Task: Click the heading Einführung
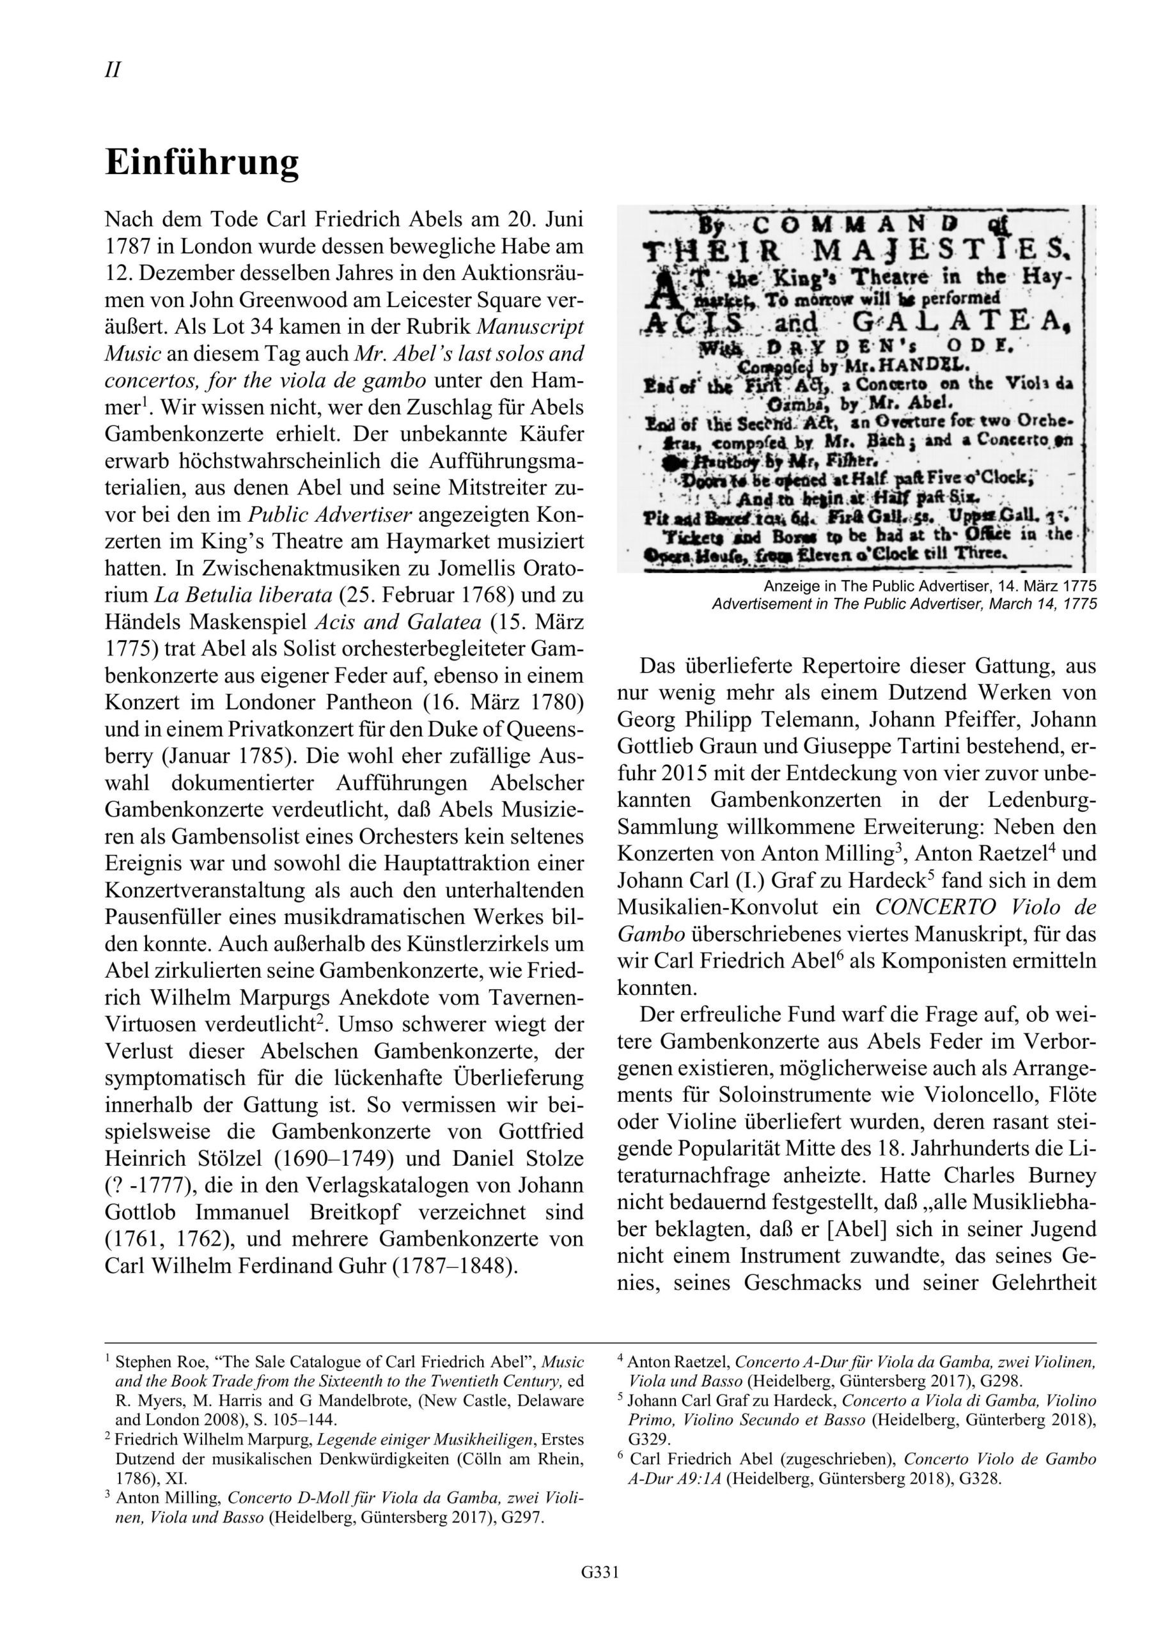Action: click(x=202, y=163)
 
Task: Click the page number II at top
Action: click(x=113, y=70)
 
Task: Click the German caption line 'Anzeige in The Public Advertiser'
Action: click(x=929, y=586)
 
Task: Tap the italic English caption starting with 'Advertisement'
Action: click(x=904, y=604)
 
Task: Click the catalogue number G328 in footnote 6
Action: click(x=980, y=1478)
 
